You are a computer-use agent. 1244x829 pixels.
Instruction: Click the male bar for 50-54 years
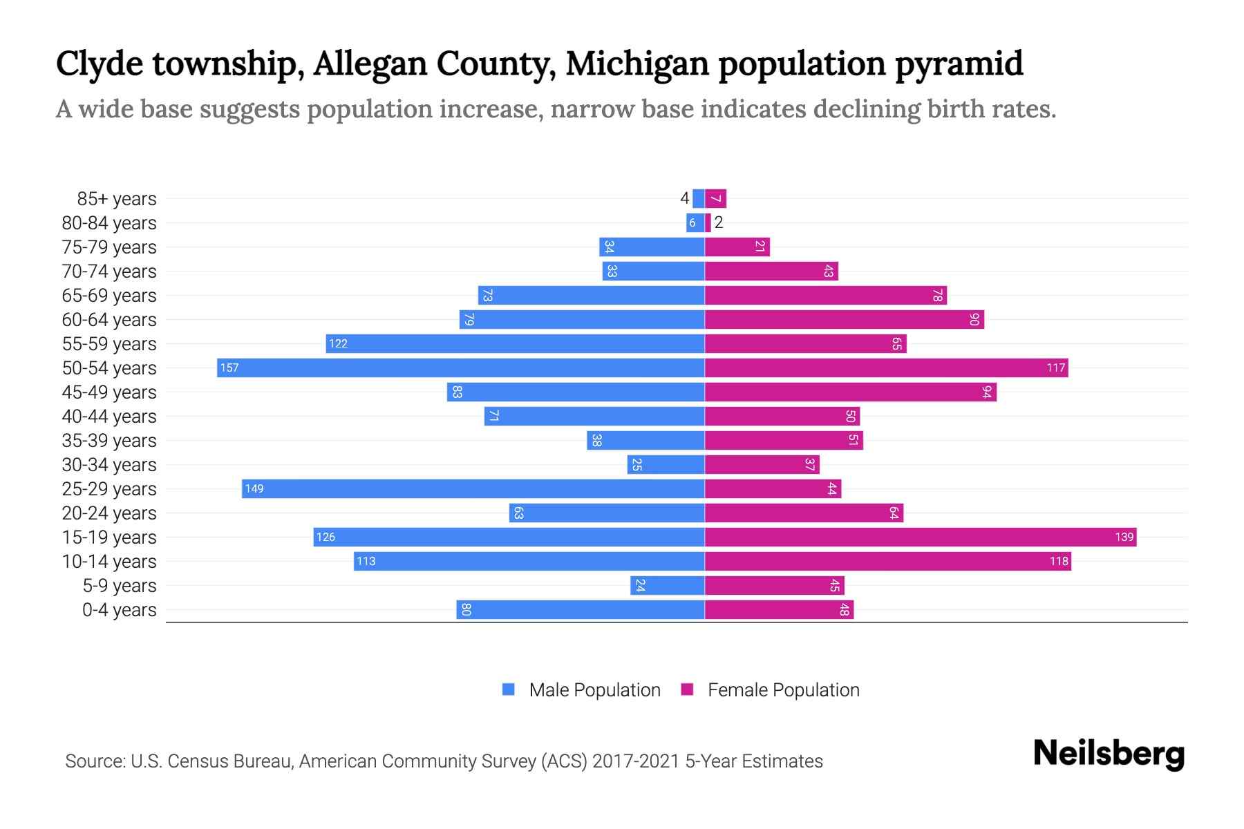tap(461, 368)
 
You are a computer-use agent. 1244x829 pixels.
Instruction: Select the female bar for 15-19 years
tap(921, 537)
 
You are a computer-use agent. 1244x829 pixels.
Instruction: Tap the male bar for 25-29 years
tap(473, 488)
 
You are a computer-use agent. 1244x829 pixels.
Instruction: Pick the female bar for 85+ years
tap(716, 199)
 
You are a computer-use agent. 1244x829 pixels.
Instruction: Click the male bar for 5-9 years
tap(668, 585)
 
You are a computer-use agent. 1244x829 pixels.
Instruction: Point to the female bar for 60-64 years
tap(844, 319)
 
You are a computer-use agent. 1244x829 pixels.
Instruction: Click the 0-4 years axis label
tap(119, 610)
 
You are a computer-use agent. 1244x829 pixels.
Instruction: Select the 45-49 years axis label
tap(109, 392)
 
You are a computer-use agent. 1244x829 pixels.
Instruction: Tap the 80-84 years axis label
tap(109, 223)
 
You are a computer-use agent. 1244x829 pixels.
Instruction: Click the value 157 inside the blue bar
tap(229, 368)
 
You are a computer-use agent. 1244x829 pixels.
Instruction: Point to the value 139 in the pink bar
tap(1124, 537)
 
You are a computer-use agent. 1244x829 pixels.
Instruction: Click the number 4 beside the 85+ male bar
tap(684, 199)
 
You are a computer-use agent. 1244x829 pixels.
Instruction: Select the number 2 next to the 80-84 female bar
tap(719, 222)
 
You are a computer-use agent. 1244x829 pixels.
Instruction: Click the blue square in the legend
tap(509, 689)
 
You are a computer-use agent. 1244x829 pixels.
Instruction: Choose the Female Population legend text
tap(783, 690)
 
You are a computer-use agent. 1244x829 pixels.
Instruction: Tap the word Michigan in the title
tap(637, 64)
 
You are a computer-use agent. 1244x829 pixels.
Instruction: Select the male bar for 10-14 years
tap(529, 561)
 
